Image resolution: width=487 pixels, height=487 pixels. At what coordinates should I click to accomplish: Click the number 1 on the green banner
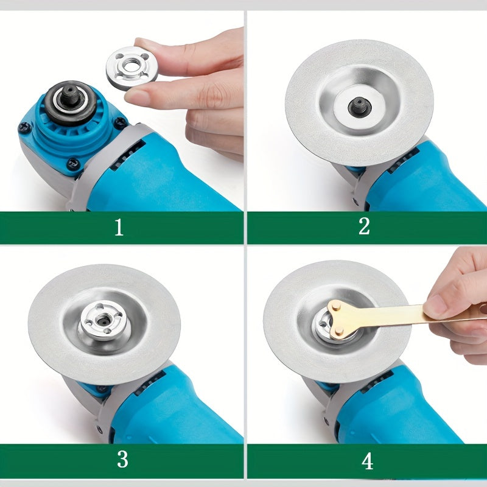[119, 227]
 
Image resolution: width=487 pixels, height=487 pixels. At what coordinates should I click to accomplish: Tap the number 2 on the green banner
[364, 226]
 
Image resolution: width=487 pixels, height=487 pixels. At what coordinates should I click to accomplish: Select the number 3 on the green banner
[122, 459]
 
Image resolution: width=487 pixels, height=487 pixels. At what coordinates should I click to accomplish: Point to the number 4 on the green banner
[367, 461]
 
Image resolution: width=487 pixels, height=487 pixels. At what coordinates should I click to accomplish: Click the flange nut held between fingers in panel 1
[131, 68]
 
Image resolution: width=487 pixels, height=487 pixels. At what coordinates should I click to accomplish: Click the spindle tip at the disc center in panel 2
[360, 106]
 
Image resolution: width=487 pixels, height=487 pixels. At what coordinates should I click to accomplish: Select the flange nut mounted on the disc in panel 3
[103, 320]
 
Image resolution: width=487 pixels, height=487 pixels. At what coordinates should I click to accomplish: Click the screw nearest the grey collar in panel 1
[120, 122]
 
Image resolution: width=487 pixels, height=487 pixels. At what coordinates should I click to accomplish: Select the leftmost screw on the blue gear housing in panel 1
[24, 127]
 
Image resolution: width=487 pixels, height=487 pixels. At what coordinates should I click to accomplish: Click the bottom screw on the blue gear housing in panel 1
[73, 164]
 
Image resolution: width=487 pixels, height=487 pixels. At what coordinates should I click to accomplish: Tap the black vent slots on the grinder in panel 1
[128, 155]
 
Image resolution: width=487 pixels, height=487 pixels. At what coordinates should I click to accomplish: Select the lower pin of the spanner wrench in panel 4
[340, 332]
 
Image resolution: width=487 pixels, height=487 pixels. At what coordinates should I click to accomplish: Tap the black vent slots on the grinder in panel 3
[150, 383]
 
